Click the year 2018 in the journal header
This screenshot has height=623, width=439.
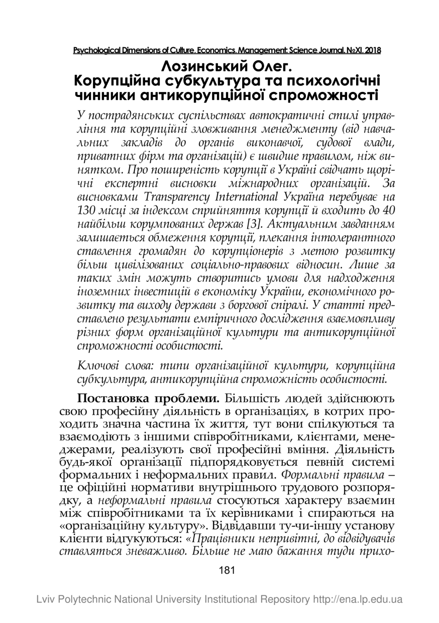[x=372, y=50]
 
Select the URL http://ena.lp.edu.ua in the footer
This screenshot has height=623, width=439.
[x=357, y=599]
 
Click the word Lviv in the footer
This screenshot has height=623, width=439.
[x=45, y=599]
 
